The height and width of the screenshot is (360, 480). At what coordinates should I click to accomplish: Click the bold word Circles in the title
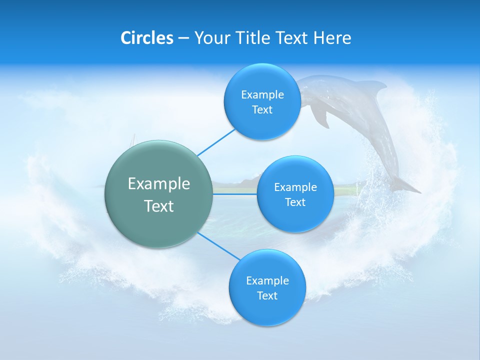tap(147, 38)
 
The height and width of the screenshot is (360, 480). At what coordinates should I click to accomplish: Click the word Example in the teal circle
tap(159, 183)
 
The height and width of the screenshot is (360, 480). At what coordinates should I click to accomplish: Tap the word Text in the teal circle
tap(159, 206)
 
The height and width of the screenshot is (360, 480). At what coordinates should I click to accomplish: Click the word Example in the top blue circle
tap(262, 94)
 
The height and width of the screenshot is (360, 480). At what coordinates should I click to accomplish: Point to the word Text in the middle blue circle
tap(295, 202)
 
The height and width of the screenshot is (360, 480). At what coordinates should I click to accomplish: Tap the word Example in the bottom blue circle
tap(267, 280)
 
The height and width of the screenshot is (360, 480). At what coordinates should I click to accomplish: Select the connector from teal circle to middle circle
tap(235, 194)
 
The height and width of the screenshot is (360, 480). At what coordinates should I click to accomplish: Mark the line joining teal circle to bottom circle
tap(219, 246)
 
